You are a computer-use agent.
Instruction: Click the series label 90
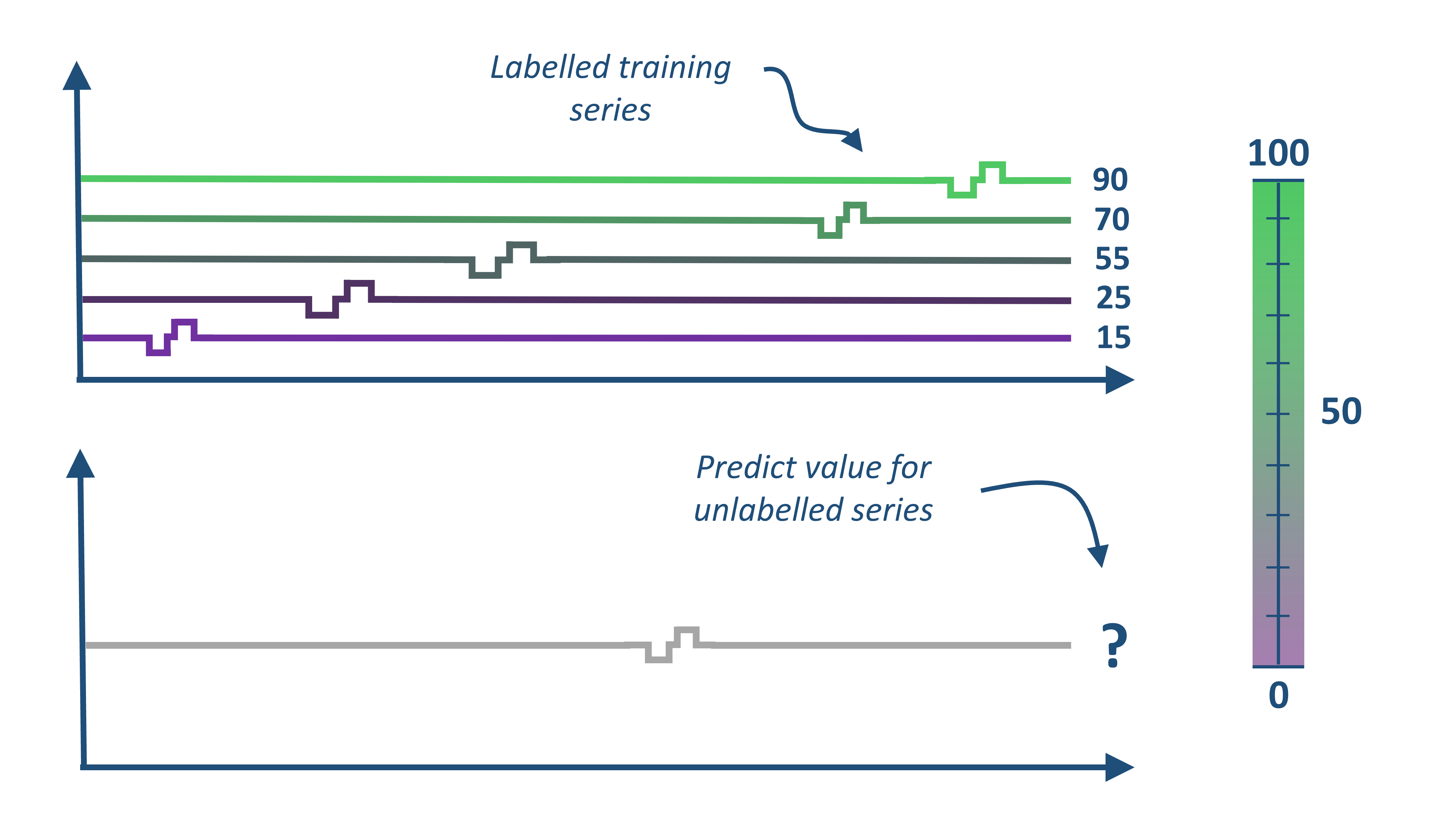point(1110,180)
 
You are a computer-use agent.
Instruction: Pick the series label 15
point(1113,338)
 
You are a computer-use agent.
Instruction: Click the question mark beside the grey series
point(1114,645)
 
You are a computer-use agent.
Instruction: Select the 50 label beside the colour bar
point(1341,411)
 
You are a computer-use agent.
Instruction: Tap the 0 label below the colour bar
point(1278,695)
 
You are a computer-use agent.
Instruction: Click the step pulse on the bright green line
point(977,180)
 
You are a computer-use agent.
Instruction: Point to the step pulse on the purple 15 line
point(172,337)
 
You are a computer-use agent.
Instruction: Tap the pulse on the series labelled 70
point(842,220)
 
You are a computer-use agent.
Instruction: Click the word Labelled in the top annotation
point(550,68)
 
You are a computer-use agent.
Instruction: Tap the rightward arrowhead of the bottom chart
point(1119,767)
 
